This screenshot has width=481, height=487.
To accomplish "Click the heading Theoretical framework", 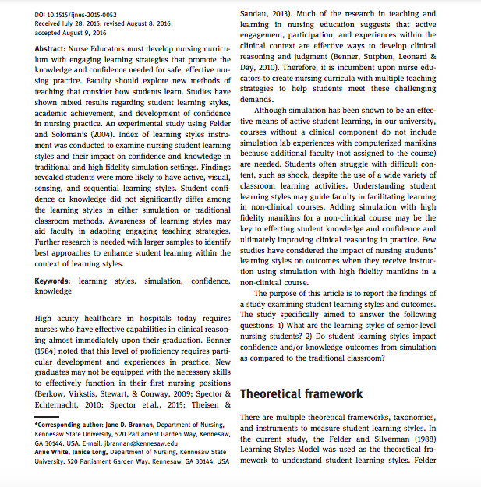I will click(302, 394).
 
